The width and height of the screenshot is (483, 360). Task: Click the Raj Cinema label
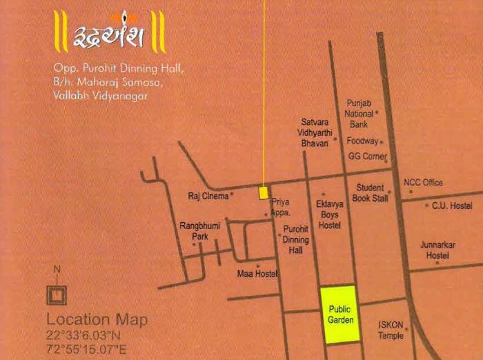(x=208, y=196)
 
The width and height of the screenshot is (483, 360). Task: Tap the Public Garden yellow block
(x=340, y=314)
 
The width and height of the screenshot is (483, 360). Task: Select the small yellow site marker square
(x=263, y=192)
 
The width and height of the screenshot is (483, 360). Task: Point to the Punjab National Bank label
(x=359, y=113)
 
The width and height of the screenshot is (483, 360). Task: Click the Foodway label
(x=362, y=141)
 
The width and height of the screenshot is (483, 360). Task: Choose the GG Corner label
(x=365, y=157)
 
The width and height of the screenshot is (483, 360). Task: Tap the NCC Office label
(x=423, y=183)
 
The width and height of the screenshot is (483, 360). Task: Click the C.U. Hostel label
(x=452, y=206)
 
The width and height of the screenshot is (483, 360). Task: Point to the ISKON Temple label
(x=391, y=330)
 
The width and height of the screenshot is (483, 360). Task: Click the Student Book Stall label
(x=371, y=193)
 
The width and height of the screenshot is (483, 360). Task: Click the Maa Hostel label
(x=257, y=274)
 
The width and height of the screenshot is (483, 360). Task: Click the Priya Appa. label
(x=280, y=208)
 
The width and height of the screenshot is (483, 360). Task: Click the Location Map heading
(x=97, y=320)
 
